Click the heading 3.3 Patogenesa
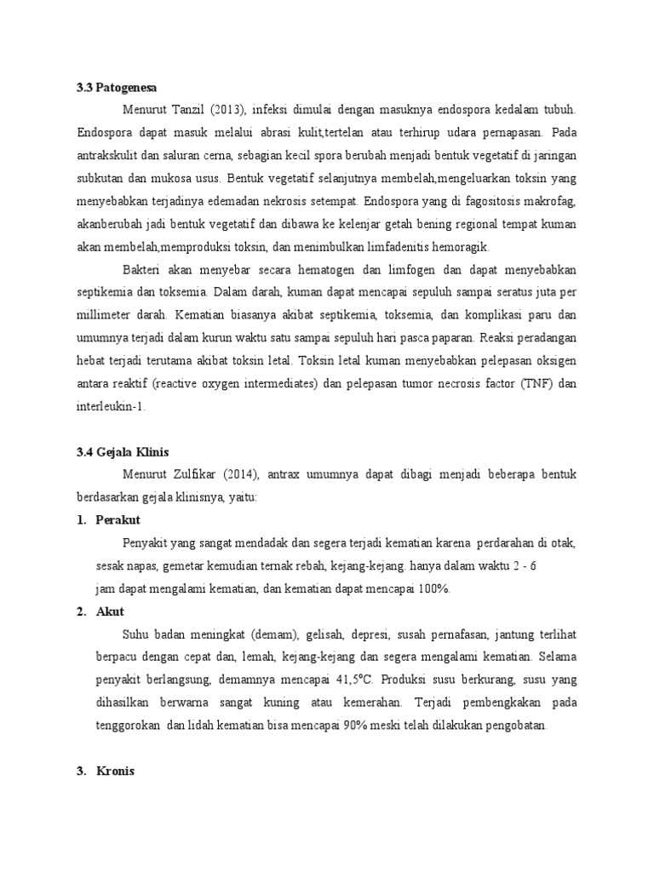click(117, 87)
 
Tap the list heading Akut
click(111, 611)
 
